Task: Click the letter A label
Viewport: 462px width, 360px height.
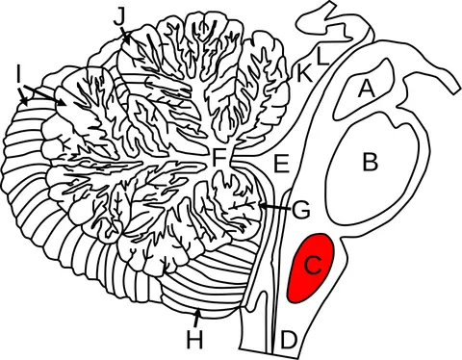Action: (x=366, y=89)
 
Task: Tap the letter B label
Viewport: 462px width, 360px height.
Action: (x=371, y=162)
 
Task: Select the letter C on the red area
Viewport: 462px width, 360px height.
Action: (x=313, y=266)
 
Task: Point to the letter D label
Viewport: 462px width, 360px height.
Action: (x=288, y=340)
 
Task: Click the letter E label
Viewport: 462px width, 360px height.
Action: (x=281, y=164)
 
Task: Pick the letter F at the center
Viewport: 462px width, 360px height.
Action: (x=218, y=158)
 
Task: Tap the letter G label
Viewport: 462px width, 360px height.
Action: (x=300, y=210)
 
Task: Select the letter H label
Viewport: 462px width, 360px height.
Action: (x=194, y=340)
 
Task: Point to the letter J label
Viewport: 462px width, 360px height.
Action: (x=118, y=17)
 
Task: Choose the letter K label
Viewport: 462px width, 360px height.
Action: (x=304, y=74)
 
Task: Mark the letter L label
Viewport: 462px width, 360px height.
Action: (x=323, y=57)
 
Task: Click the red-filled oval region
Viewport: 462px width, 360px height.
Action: (x=311, y=268)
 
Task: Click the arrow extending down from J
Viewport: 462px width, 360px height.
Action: (x=125, y=36)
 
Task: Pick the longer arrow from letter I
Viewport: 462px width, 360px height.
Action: (x=45, y=95)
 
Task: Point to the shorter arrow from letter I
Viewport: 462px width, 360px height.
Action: (x=23, y=96)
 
